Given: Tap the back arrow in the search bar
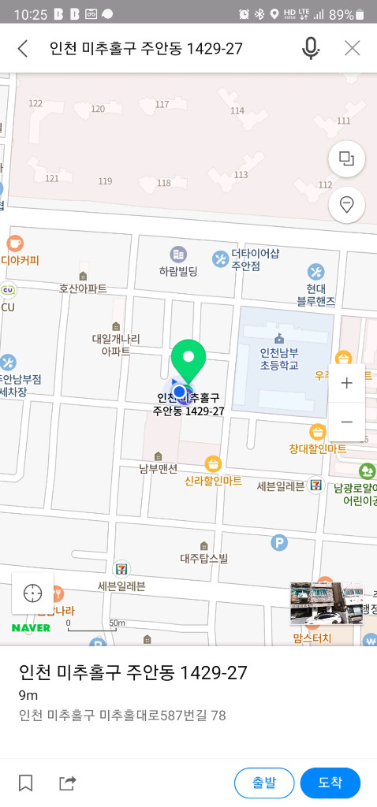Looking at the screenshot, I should coord(23,49).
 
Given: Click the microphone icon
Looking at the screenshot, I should coord(311,49).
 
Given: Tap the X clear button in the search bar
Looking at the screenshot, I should coord(352,49).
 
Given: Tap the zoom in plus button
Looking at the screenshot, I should coord(346,383).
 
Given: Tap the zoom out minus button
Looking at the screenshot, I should coord(346,422).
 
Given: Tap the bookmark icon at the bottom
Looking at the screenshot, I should coord(26,783).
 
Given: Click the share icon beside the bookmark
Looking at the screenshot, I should coord(68,783).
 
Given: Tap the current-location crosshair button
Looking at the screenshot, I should coord(33,593).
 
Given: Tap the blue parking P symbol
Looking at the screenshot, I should coord(278,542).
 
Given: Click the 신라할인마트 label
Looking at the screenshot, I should coord(213,480).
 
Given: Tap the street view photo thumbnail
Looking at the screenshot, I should coord(326,604).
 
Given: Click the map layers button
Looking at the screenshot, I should coord(346,158).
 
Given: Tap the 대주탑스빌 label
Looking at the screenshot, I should coord(203,559).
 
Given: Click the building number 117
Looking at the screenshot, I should coord(162,105).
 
